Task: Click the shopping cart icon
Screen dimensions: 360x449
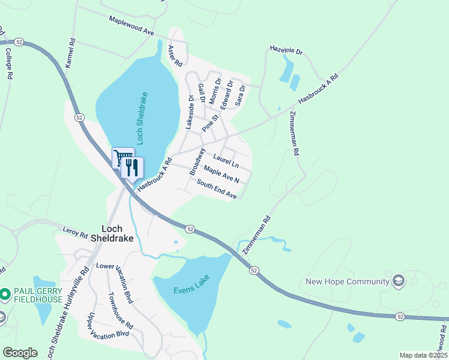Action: click(122, 158)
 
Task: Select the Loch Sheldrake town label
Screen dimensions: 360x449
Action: click(110, 233)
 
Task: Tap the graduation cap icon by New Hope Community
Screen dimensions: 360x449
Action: click(397, 281)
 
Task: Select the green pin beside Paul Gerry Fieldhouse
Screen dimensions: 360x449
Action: click(5, 294)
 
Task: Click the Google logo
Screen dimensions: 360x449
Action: click(20, 353)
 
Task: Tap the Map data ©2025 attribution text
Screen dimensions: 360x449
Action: click(423, 355)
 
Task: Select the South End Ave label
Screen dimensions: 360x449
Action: click(217, 190)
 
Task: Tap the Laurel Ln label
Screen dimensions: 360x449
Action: click(226, 161)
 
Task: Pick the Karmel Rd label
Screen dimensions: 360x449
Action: click(72, 53)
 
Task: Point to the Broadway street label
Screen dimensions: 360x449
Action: click(197, 161)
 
